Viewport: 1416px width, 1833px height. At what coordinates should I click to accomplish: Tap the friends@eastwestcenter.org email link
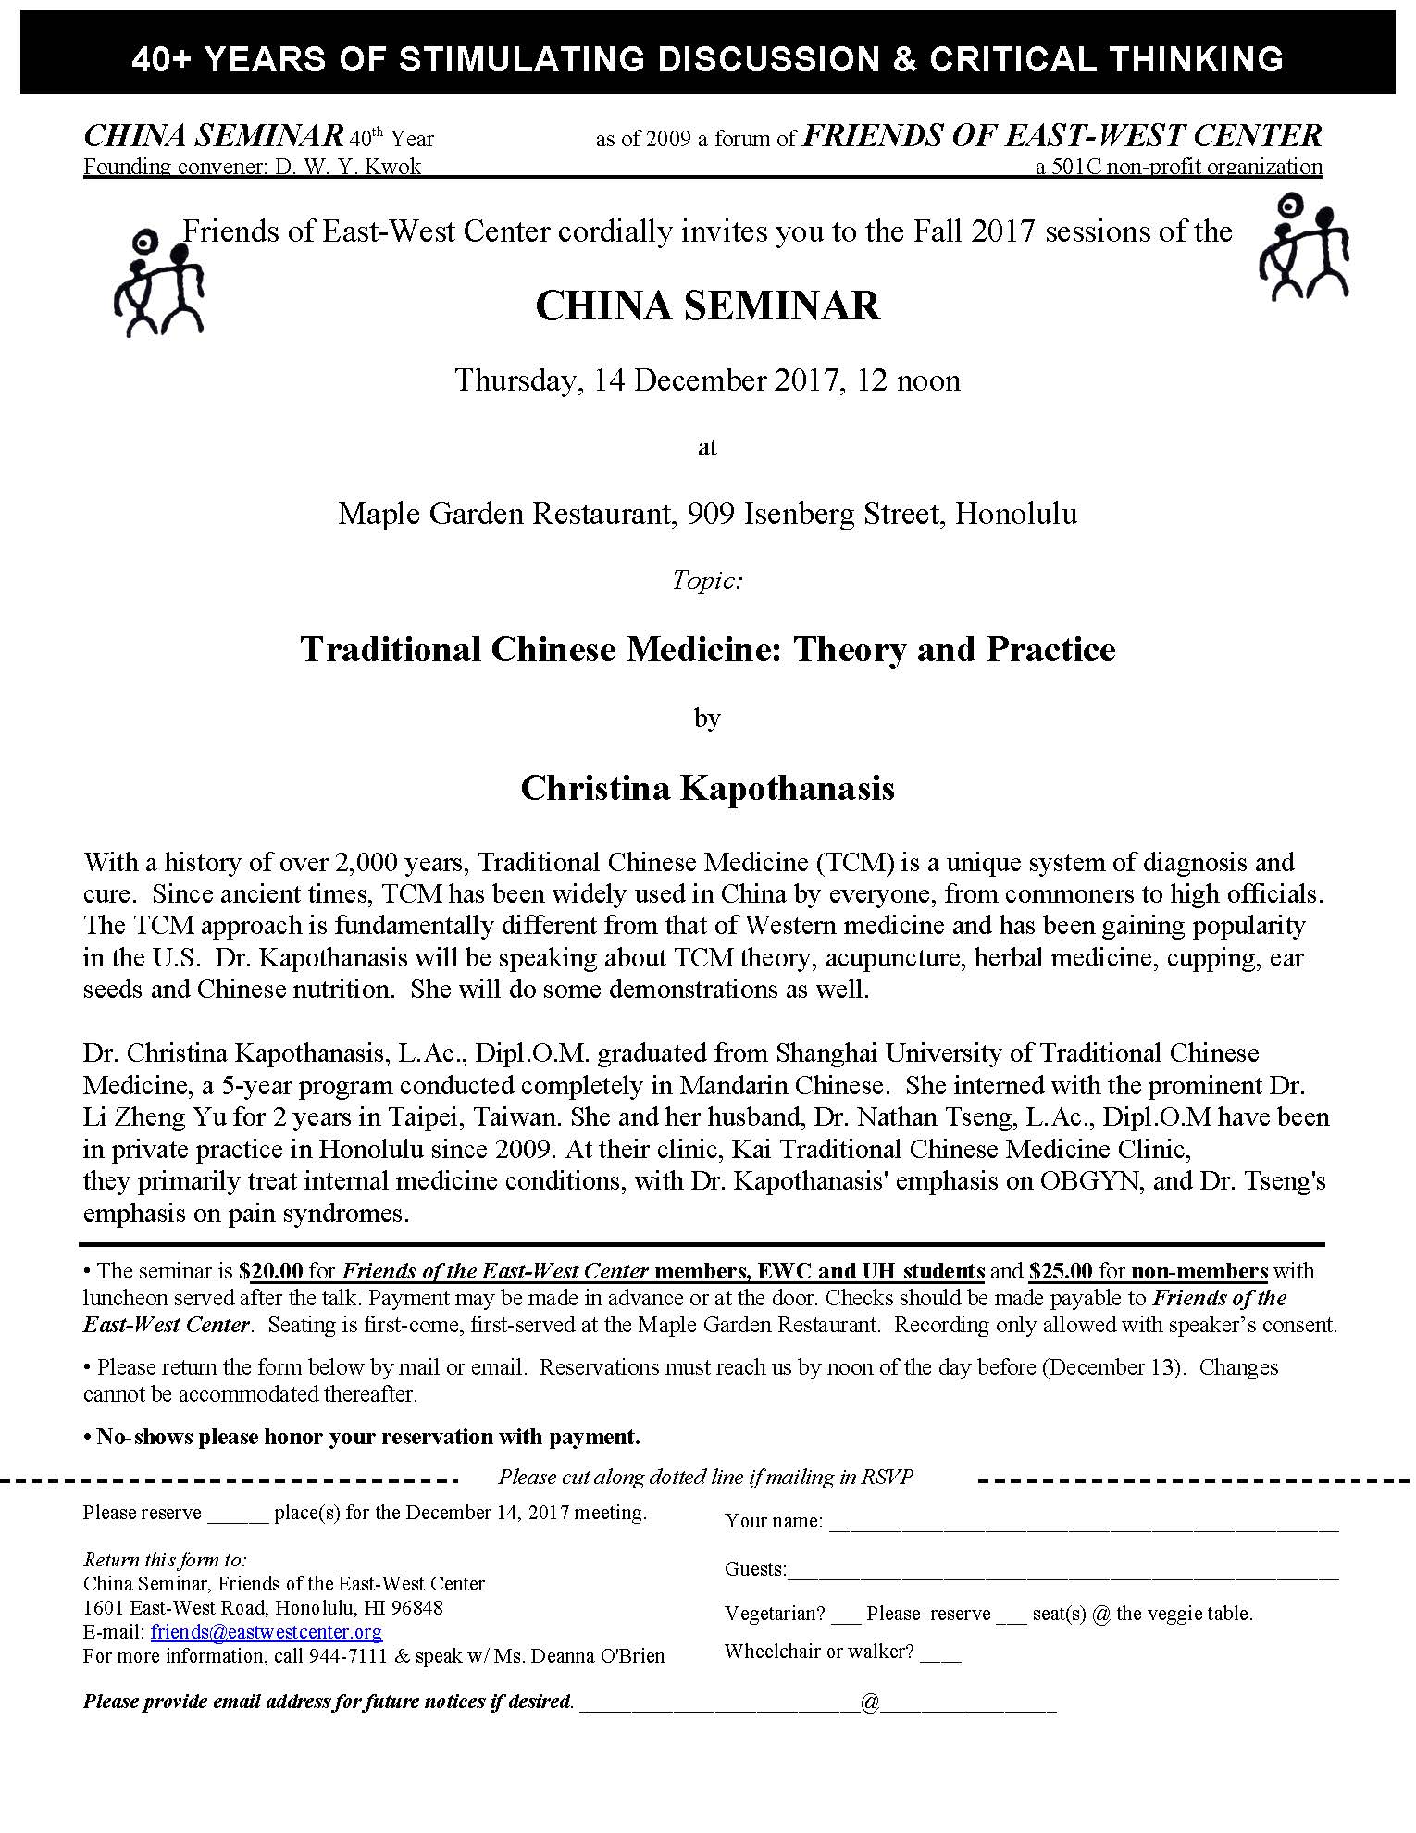click(267, 1631)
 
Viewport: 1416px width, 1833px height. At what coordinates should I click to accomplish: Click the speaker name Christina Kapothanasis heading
click(707, 788)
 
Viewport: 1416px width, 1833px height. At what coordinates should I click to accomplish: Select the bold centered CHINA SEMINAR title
click(707, 306)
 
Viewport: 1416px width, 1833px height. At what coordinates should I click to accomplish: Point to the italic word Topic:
click(707, 580)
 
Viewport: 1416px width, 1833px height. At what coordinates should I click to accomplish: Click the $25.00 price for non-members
click(1060, 1271)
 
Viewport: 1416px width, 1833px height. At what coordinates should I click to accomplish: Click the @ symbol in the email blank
click(870, 1701)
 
